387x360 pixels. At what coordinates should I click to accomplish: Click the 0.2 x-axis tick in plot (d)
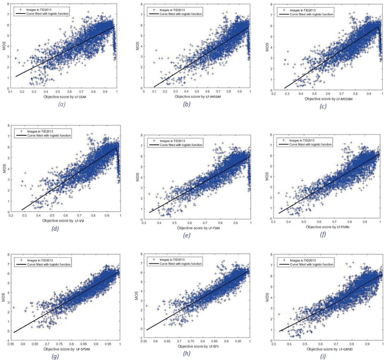click(11, 216)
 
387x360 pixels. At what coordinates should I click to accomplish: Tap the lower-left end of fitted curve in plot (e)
click(149, 211)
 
